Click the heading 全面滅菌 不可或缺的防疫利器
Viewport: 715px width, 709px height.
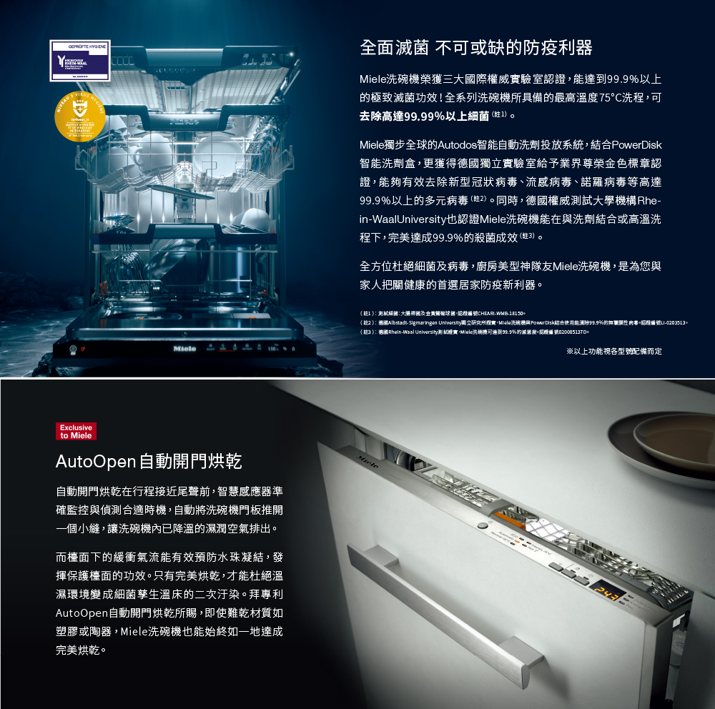click(x=476, y=48)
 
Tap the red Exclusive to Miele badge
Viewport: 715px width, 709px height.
click(x=76, y=432)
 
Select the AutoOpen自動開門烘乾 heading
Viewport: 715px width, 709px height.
click(x=149, y=461)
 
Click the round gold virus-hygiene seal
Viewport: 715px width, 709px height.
click(x=80, y=116)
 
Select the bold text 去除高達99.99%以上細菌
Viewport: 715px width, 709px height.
click(x=425, y=115)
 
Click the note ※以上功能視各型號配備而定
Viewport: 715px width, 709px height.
click(x=613, y=351)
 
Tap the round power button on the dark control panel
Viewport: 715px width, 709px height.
click(x=71, y=349)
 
